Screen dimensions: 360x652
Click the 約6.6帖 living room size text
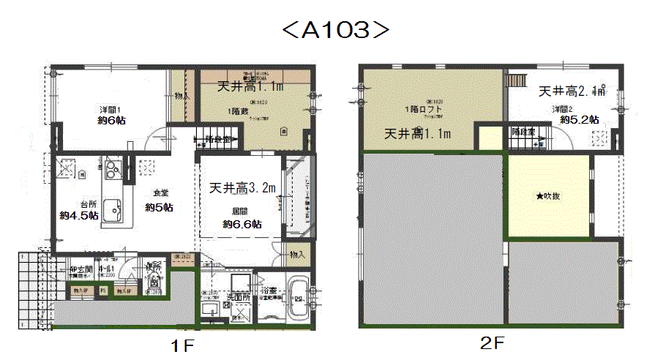click(x=242, y=224)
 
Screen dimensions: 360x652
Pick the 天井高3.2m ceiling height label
click(x=242, y=188)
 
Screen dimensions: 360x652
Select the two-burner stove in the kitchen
click(x=113, y=171)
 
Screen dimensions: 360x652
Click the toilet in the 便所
click(x=154, y=280)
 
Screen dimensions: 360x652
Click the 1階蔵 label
click(x=238, y=110)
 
